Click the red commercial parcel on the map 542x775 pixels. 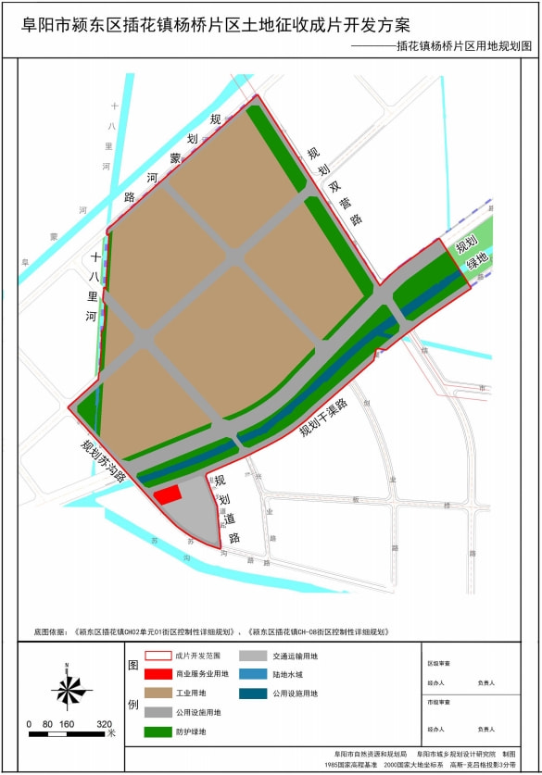[167, 494]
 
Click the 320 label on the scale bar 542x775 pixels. [105, 724]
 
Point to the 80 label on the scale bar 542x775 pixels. [47, 724]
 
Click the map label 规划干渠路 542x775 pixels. [322, 418]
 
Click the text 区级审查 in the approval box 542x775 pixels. [438, 663]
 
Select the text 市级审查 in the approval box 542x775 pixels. [438, 702]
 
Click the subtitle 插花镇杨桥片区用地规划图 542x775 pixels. [464, 44]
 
